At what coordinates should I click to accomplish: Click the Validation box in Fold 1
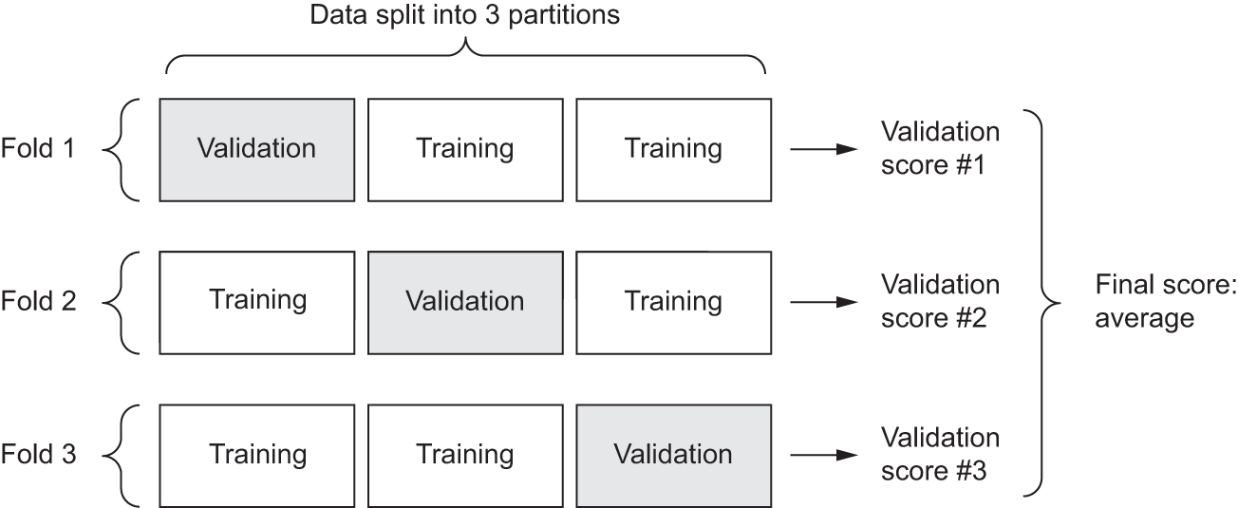point(256,148)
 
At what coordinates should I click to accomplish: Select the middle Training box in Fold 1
point(465,148)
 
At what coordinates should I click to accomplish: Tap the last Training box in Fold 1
point(673,148)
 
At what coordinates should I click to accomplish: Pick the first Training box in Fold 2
point(256,301)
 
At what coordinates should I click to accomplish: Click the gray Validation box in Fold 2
point(465,301)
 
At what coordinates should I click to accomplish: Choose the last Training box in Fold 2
point(673,301)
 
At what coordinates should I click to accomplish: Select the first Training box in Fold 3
point(256,454)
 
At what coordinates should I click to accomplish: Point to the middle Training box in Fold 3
point(465,454)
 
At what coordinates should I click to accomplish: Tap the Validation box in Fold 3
point(673,454)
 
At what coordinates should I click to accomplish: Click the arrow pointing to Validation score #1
point(823,149)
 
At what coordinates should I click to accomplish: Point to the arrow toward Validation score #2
point(823,302)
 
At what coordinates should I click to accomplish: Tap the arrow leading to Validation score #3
point(823,455)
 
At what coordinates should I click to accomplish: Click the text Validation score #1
point(940,148)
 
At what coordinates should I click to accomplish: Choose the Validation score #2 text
point(940,301)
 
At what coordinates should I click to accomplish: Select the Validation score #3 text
point(940,454)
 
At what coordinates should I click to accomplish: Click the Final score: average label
point(1165,302)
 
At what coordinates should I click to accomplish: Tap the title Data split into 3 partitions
point(465,16)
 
